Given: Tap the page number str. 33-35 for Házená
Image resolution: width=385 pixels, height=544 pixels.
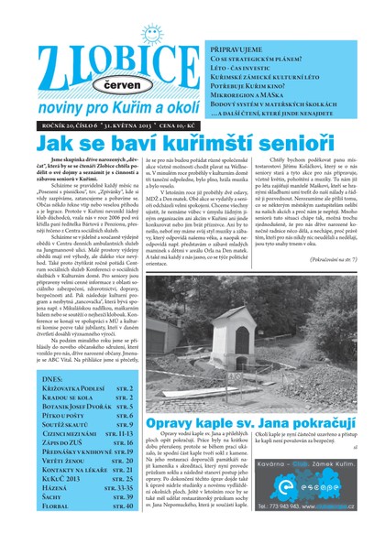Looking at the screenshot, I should tap(119, 486).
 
